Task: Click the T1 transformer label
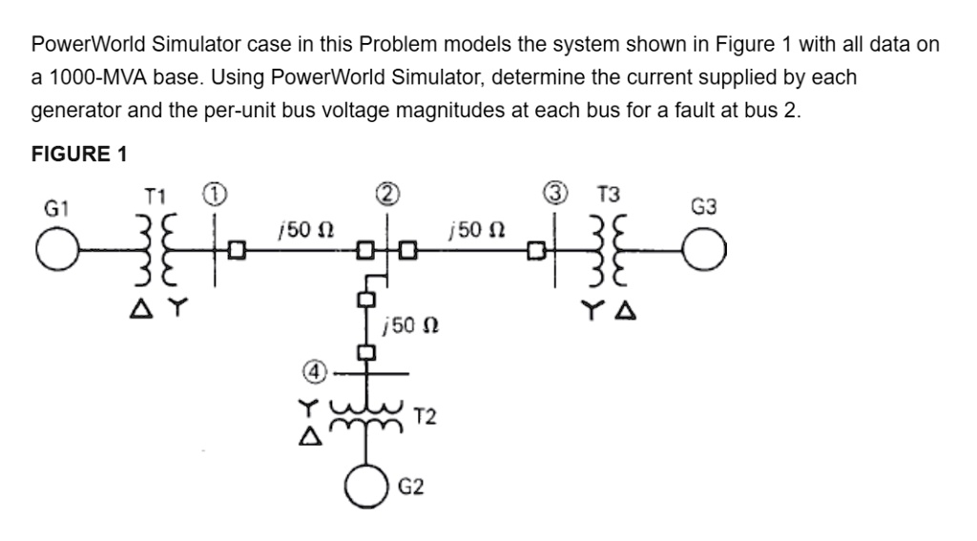click(157, 197)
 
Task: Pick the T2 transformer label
click(426, 415)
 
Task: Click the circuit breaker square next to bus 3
click(537, 252)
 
